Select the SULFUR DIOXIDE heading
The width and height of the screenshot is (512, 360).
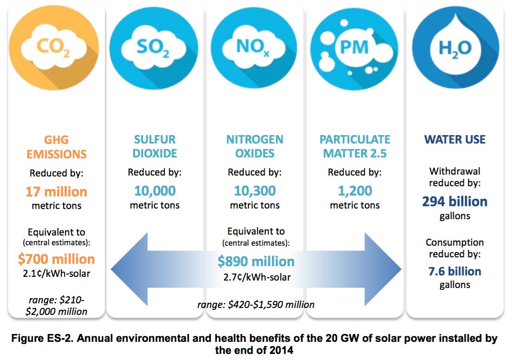click(x=155, y=146)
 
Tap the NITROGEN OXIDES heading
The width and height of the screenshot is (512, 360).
click(x=254, y=146)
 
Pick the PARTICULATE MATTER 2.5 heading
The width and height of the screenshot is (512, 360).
click(x=355, y=146)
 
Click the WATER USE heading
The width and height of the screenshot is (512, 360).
click(x=454, y=139)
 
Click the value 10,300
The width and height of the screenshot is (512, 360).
click(x=254, y=191)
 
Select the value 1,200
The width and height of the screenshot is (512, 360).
click(x=355, y=191)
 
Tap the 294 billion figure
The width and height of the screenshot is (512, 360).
click(x=454, y=202)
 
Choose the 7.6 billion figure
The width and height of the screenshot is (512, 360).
click(x=454, y=271)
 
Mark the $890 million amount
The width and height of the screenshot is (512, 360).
click(x=256, y=262)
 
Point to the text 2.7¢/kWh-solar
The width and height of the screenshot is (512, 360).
click(x=256, y=277)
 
